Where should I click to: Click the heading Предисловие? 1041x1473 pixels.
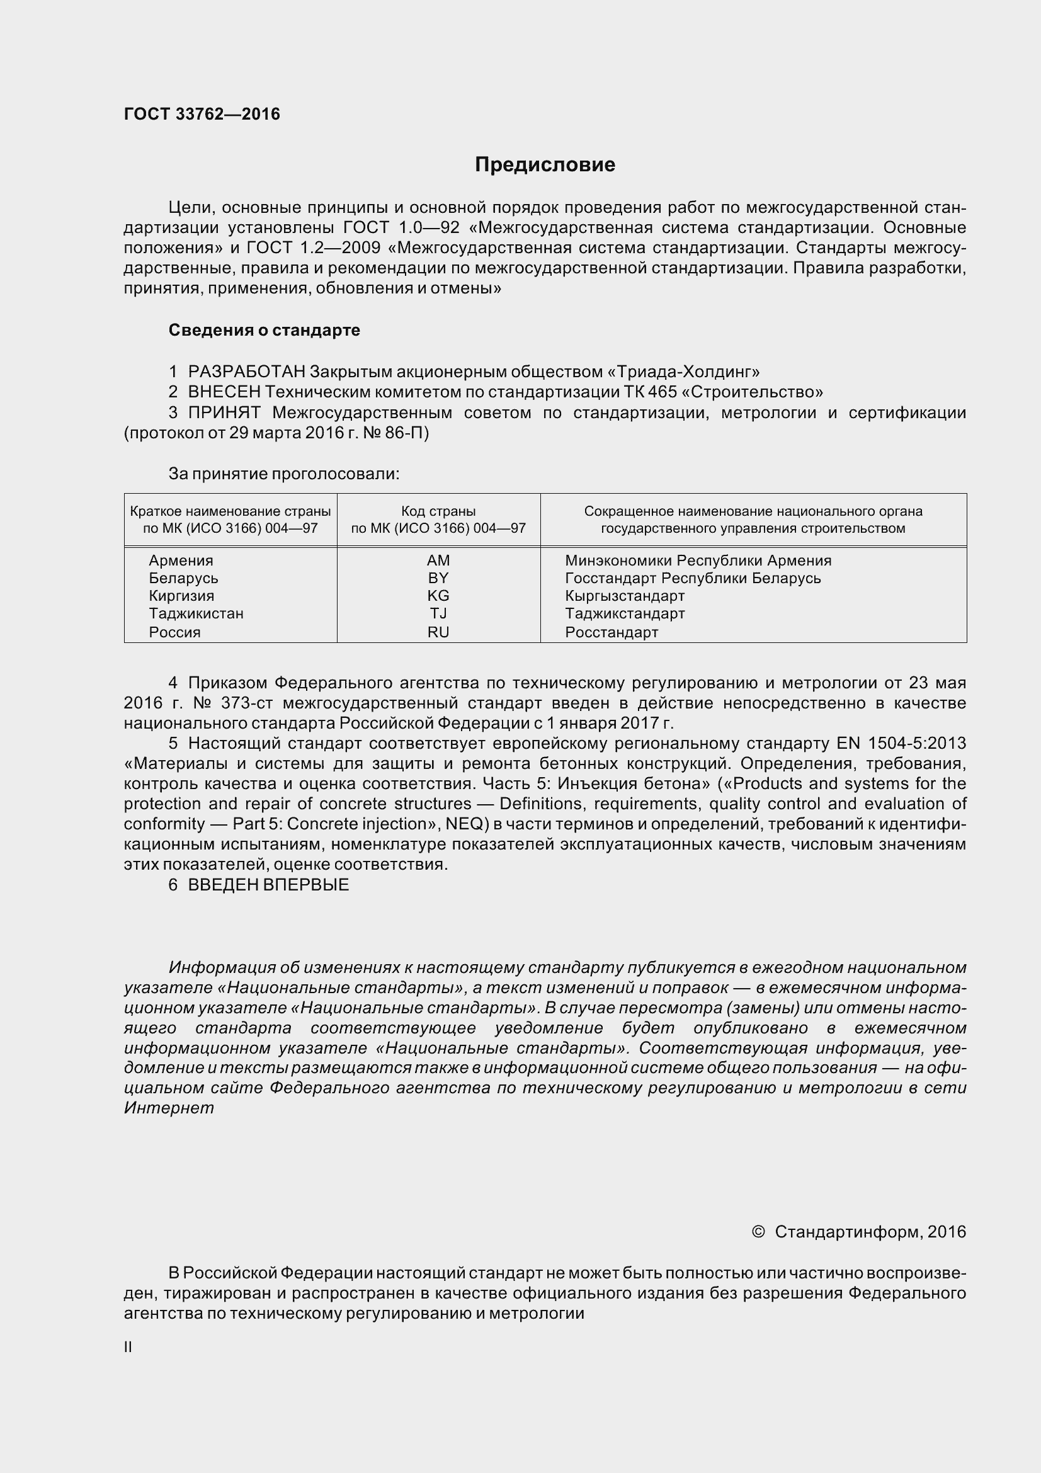point(545,165)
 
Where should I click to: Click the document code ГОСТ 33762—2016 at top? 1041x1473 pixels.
point(202,114)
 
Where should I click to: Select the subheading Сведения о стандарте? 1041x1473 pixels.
point(264,331)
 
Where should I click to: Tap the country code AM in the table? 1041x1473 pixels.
point(438,560)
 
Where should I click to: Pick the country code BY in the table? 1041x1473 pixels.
point(438,578)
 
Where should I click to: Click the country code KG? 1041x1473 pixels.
point(438,595)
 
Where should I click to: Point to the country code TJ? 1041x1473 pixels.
point(438,613)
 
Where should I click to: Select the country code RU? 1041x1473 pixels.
point(438,632)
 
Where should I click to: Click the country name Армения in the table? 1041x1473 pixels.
point(181,560)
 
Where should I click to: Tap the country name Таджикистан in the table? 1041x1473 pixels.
point(196,613)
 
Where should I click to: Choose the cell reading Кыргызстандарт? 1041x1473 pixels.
point(625,595)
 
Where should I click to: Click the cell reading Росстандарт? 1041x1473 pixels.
point(612,632)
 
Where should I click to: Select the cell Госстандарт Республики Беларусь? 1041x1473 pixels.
point(693,578)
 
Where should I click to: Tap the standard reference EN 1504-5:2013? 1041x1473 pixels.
point(901,744)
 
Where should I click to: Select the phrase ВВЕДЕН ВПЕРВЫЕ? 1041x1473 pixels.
point(268,885)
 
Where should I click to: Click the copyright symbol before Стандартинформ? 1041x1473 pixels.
point(758,1232)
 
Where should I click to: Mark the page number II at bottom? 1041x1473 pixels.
point(128,1347)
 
